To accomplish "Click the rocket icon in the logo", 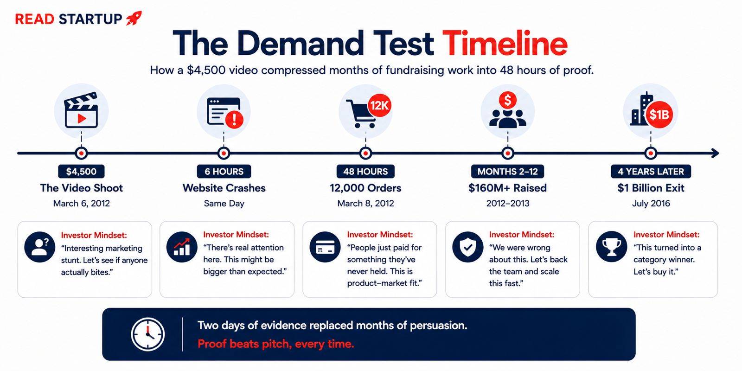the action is coord(134,18).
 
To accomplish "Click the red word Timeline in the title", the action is coord(505,44).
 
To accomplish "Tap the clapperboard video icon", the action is coord(82,110).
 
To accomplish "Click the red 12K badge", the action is coord(379,105).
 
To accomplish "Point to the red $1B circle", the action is coord(659,115).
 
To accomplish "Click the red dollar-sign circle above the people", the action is coord(507,100).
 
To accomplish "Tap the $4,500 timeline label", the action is coord(81,171).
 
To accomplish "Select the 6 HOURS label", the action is coord(224,171).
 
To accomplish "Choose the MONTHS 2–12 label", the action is coord(507,171).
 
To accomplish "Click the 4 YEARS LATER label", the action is coord(651,171).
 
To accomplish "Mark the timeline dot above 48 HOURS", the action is coord(365,153).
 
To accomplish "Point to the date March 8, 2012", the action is coord(365,203).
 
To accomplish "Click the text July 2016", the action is coord(651,203).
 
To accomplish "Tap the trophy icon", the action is coord(611,247).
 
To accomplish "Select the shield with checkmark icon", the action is coord(468,247).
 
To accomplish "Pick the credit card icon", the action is coord(325,247).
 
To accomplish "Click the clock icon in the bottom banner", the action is coord(148,334).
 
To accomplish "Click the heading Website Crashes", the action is coord(224,188).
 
